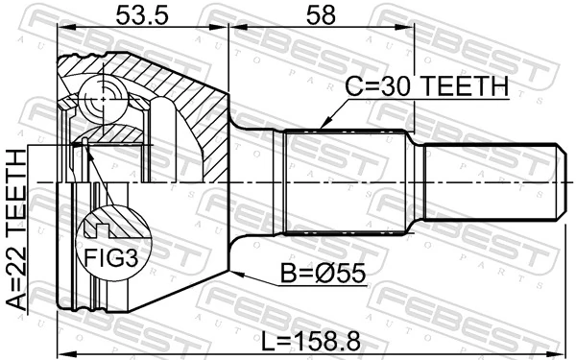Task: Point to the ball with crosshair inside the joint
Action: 102,98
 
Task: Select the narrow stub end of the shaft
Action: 490,182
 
